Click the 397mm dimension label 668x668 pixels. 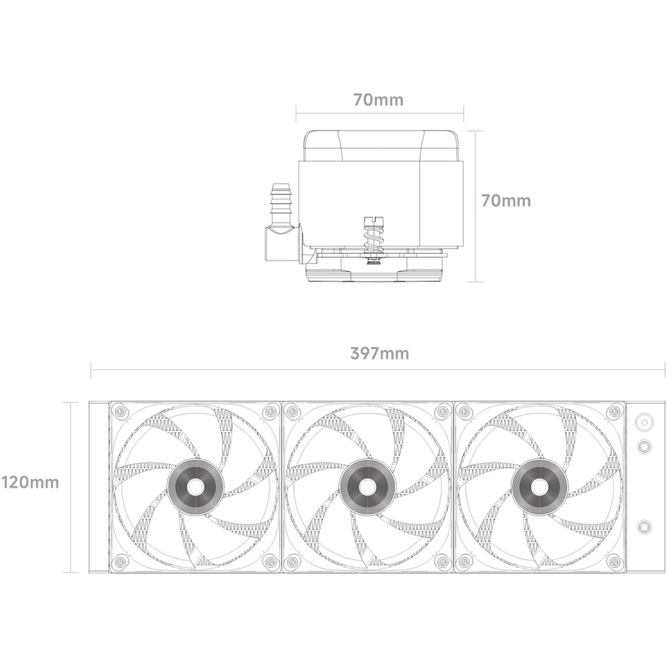click(379, 353)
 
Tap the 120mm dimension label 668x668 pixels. click(30, 483)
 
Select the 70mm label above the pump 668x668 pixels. click(378, 100)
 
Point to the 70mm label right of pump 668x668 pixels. click(506, 200)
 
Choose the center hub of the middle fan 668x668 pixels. click(367, 486)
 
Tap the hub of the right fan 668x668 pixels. click(539, 486)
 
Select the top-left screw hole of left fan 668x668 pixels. click(120, 411)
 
